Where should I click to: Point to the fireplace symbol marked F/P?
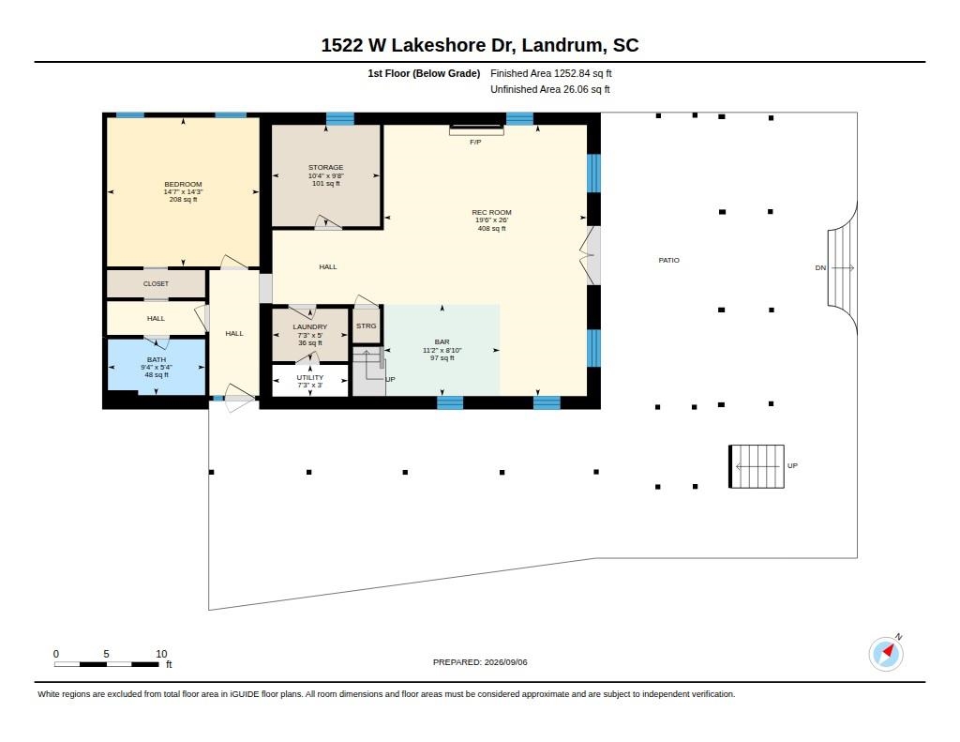[x=476, y=129]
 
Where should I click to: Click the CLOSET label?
[x=157, y=283]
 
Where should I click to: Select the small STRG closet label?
[x=367, y=326]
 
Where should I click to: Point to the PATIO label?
[x=669, y=261]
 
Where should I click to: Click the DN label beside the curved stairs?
[x=820, y=267]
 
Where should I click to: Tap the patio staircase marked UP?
[x=757, y=466]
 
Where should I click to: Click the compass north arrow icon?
[x=886, y=654]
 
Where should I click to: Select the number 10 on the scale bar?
[x=161, y=654]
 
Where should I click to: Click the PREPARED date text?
[x=480, y=662]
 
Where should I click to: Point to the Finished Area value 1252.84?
[x=572, y=73]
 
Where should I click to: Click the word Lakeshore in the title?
[x=439, y=45]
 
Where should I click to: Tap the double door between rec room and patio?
[x=592, y=255]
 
